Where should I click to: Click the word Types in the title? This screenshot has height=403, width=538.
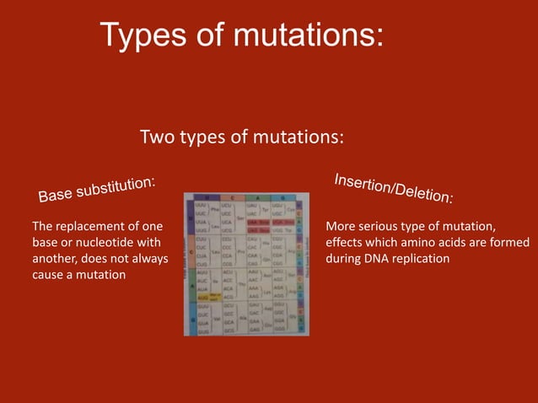pos(143,35)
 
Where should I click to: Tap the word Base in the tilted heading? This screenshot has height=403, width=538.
pos(56,194)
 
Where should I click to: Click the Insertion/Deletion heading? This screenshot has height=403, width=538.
pos(393,188)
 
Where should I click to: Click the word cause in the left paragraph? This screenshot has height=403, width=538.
pos(48,275)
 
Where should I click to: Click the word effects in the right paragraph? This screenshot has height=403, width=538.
pos(345,243)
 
